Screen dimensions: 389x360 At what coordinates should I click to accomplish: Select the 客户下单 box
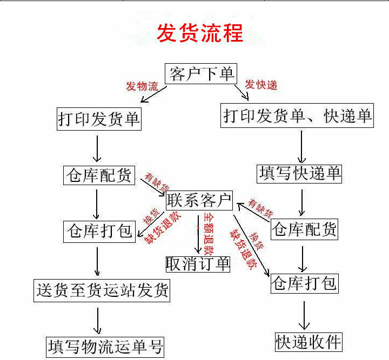coord(201,74)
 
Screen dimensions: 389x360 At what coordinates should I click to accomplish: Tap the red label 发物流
coord(142,86)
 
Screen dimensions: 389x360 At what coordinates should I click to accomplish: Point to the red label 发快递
coord(261,85)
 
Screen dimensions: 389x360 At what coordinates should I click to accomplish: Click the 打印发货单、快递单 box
coord(297,116)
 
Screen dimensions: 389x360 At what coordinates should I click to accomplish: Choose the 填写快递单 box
coord(300,174)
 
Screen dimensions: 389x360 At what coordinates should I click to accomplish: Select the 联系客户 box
coord(199,200)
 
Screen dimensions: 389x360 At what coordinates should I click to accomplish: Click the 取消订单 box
coord(198,263)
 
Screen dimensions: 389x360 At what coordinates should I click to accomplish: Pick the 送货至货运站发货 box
coord(102,291)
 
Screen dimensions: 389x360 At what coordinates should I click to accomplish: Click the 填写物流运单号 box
coord(105,346)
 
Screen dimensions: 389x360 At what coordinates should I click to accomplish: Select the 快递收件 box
coord(308,342)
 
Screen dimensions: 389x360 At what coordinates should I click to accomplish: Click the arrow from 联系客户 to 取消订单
coord(198,233)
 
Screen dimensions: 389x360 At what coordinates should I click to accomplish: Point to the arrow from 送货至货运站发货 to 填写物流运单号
coord(98,320)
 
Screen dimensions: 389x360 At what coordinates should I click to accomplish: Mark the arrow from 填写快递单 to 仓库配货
coord(301,202)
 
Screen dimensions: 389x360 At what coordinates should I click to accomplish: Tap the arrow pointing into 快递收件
coord(305,315)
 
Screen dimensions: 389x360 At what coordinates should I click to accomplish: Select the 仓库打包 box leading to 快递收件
coord(304,283)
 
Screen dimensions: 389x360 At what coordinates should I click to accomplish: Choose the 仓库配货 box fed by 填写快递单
coord(304,230)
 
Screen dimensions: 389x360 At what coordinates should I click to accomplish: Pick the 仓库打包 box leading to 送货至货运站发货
coord(99,232)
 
